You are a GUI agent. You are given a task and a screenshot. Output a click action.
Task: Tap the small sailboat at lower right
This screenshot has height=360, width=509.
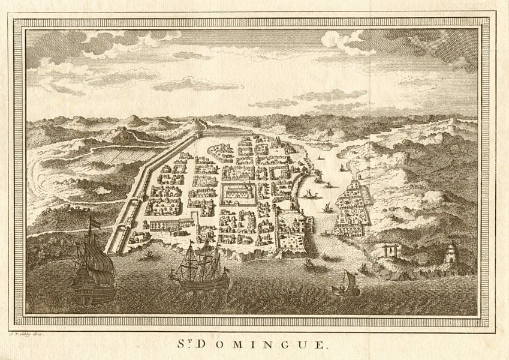tap(347, 284)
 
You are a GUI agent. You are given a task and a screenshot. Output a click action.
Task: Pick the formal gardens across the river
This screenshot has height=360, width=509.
tap(354, 204)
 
